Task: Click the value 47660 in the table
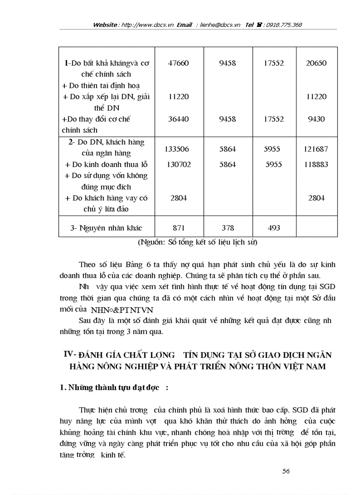[x=178, y=63]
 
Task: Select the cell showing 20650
[x=316, y=63]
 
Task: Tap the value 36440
[x=178, y=119]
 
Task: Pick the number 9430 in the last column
[x=316, y=119]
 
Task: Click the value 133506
[x=178, y=149]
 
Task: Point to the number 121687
[x=316, y=149]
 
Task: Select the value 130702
[x=178, y=164]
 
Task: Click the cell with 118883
[x=316, y=164]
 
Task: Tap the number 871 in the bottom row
[x=178, y=228]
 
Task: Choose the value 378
[x=227, y=228]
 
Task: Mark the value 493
[x=272, y=228]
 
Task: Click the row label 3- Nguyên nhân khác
[x=106, y=228]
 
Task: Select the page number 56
[x=285, y=471]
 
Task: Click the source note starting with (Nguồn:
[x=197, y=242]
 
